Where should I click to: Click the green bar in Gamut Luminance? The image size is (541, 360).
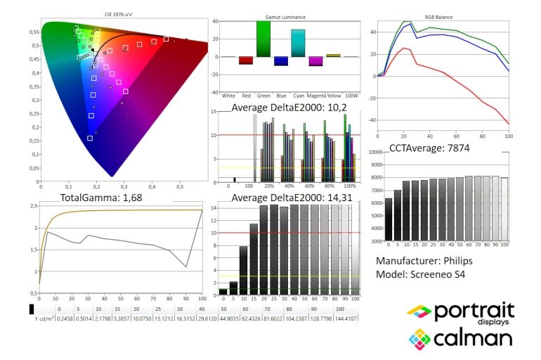pyautogui.click(x=263, y=39)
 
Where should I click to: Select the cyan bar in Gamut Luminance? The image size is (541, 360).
pyautogui.click(x=299, y=44)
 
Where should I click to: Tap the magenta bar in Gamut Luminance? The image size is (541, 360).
pyautogui.click(x=315, y=61)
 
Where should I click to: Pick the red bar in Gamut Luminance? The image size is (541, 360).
pyautogui.click(x=245, y=60)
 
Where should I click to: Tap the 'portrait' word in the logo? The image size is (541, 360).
pyautogui.click(x=476, y=309)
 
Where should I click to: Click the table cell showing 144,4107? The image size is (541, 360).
pyautogui.click(x=346, y=317)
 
